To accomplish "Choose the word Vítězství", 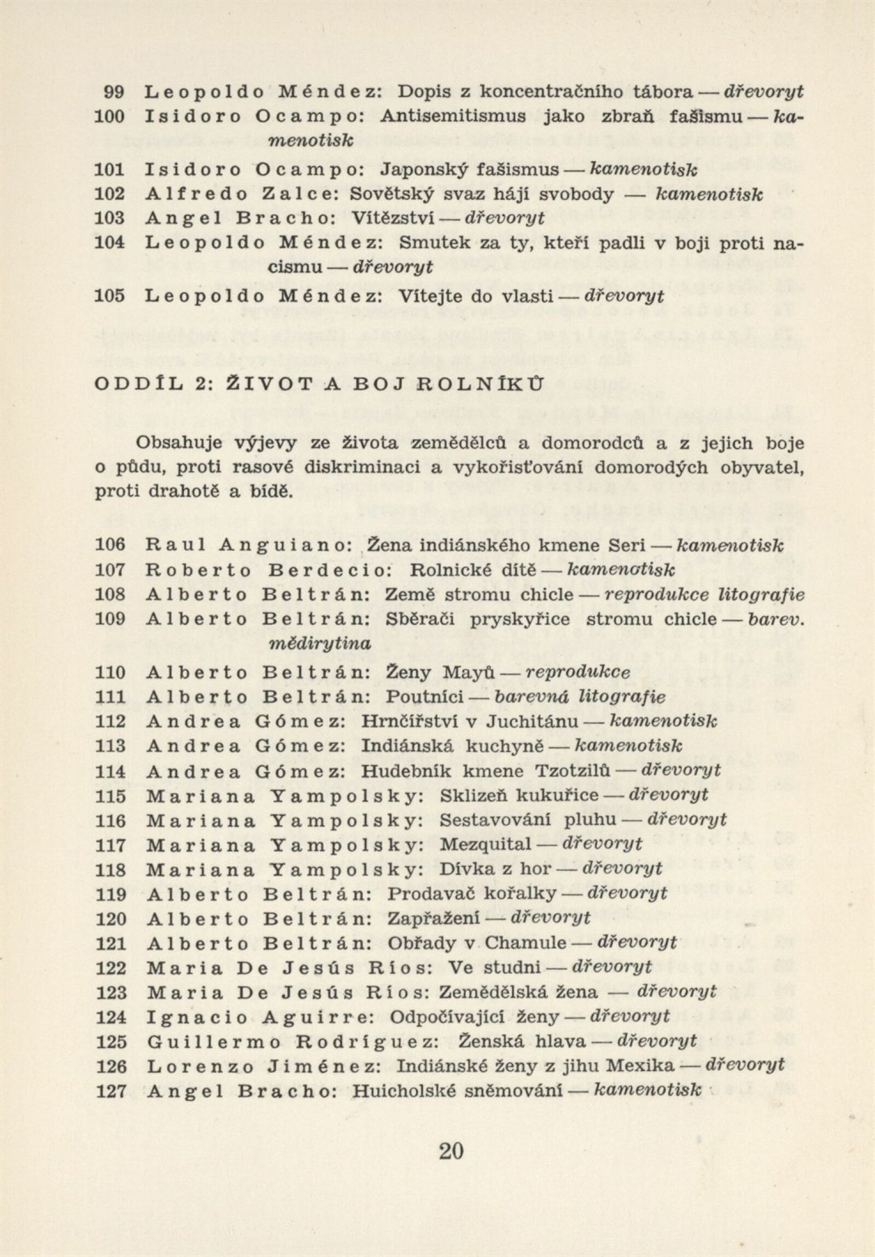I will [x=393, y=219].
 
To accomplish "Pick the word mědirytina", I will [x=320, y=644].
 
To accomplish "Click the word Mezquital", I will [x=486, y=844].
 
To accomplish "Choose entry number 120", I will [x=111, y=918].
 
